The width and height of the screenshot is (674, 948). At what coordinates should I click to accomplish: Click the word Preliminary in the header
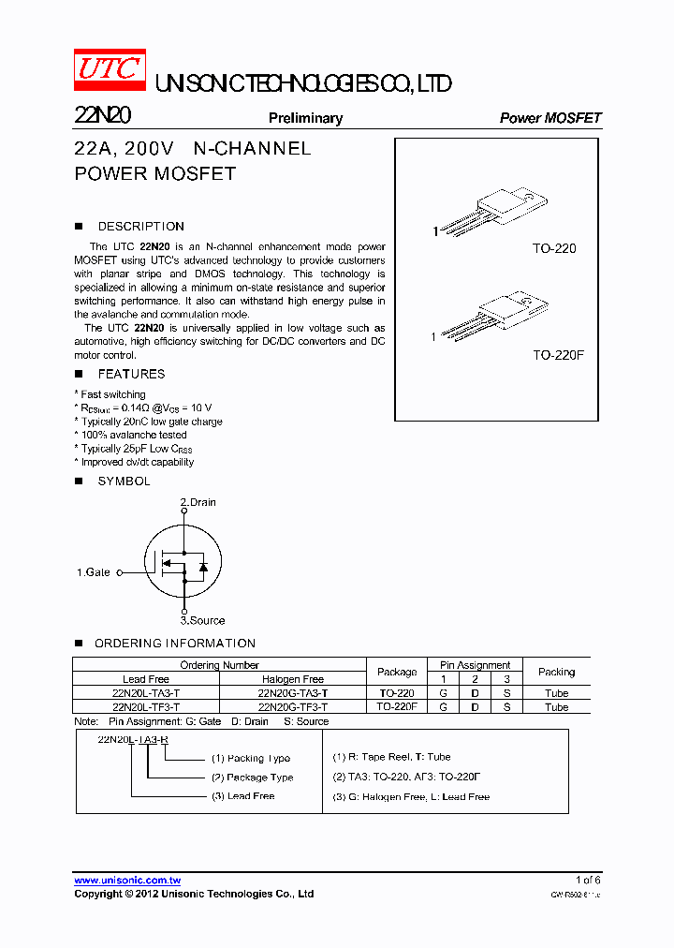(x=305, y=118)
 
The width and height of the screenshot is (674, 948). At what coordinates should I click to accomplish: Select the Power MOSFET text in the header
(x=550, y=118)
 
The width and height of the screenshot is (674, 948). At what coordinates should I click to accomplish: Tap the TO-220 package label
(x=554, y=249)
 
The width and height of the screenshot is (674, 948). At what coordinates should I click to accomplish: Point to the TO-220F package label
(x=558, y=356)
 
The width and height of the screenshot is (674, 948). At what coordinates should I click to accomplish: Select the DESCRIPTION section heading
(x=140, y=227)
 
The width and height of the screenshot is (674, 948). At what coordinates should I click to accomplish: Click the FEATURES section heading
(x=131, y=374)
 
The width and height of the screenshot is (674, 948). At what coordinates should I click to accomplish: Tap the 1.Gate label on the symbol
(x=94, y=572)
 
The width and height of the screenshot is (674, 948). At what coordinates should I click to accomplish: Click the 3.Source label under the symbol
(x=202, y=620)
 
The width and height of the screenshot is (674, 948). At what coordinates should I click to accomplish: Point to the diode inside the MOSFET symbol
(x=202, y=566)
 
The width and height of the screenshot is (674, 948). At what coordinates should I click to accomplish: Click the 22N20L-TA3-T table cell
(x=146, y=693)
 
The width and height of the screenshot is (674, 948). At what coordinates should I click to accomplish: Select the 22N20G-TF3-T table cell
(x=293, y=707)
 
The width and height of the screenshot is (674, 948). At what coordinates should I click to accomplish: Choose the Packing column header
(x=556, y=672)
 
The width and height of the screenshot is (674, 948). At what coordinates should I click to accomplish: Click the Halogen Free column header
(x=293, y=679)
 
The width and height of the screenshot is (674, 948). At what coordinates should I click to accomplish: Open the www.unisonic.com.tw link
(x=127, y=881)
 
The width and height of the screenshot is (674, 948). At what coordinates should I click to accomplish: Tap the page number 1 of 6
(x=588, y=881)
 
